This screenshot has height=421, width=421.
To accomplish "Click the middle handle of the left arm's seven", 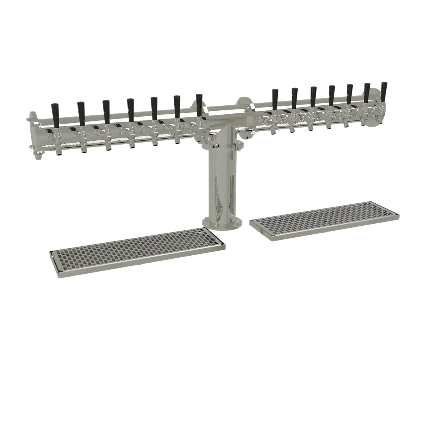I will coord(131,108).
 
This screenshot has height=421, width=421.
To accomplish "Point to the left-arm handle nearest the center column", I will coord(200,103).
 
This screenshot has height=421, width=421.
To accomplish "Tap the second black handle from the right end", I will coord(367,92).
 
